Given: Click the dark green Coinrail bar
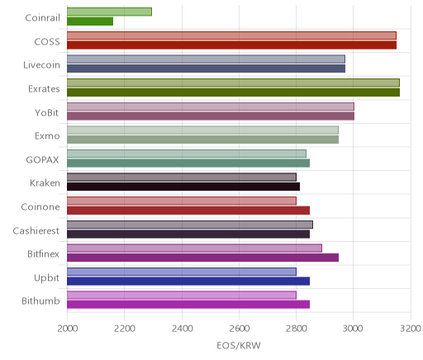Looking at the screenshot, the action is (x=90, y=21).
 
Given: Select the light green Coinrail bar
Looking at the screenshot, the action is (x=109, y=12).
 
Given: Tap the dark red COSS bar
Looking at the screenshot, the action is (x=231, y=45).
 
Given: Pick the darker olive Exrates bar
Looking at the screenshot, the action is (x=233, y=92).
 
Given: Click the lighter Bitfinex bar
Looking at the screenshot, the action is (x=194, y=249).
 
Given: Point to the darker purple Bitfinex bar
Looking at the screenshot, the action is (x=202, y=258).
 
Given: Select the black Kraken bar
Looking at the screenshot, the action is (x=183, y=187).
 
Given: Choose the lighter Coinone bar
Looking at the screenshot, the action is (x=182, y=201).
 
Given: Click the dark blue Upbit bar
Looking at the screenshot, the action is (x=188, y=282).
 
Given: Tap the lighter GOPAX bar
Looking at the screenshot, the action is (x=187, y=154).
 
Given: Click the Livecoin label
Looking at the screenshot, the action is (x=41, y=65).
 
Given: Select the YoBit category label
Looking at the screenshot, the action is (x=47, y=112).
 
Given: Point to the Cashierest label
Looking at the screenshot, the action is (x=36, y=230).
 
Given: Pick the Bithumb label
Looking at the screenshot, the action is (x=40, y=301).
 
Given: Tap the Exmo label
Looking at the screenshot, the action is (x=47, y=136).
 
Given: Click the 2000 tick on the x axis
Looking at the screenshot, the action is (x=68, y=329).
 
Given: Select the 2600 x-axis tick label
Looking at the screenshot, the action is (x=239, y=329).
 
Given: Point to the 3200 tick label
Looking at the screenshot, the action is (x=411, y=329).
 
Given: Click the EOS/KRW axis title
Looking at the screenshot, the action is (x=239, y=345).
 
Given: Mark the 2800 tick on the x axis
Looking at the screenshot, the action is (x=297, y=329).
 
